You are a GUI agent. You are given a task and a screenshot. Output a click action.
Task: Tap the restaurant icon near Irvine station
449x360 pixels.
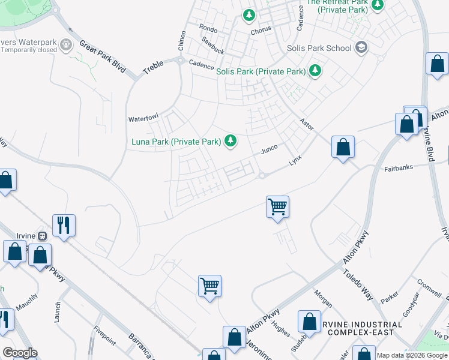64,226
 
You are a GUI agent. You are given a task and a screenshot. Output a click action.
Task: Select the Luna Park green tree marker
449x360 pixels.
230,142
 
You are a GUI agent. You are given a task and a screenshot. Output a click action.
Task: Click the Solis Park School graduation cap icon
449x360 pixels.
361,47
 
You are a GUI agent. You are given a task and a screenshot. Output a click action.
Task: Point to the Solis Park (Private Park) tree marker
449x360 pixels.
315,71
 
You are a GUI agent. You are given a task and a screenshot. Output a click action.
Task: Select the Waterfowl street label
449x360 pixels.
143,119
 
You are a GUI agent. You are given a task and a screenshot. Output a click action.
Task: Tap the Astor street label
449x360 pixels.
306,124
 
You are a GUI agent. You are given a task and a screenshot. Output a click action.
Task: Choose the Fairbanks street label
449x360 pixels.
399,169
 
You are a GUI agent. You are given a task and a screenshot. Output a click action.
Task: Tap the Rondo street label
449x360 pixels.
208,28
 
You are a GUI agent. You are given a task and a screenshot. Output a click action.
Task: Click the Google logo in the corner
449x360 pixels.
20,353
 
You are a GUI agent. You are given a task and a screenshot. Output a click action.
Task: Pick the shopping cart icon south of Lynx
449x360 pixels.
277,207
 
